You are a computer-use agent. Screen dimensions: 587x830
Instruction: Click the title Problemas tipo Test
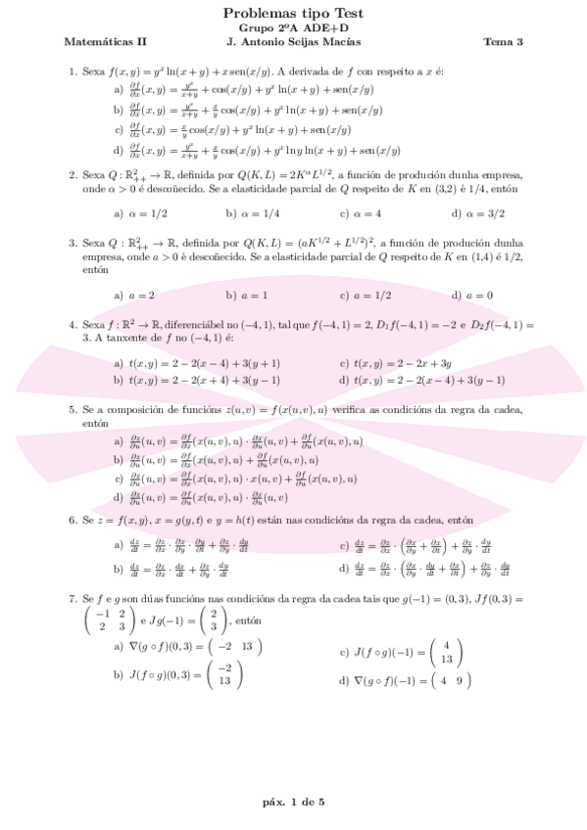click(293, 13)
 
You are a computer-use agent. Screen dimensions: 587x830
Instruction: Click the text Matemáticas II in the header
click(105, 42)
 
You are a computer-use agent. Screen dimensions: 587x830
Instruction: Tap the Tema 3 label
click(503, 42)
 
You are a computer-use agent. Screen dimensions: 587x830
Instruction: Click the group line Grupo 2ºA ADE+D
click(293, 28)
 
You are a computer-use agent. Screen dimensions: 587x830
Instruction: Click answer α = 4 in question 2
click(360, 211)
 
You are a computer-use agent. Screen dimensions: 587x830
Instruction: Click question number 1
click(73, 71)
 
